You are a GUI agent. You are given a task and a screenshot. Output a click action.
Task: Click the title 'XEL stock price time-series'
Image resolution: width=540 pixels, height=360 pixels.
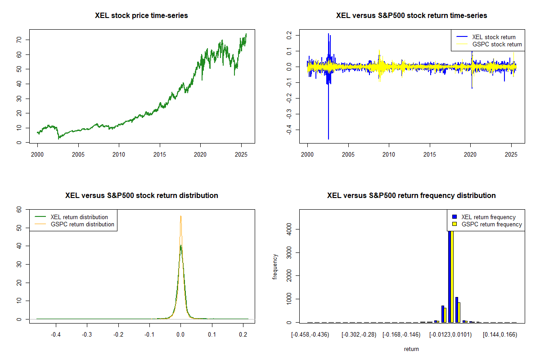pos(141,16)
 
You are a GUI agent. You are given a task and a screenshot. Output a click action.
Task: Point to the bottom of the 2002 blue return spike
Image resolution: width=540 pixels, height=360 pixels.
pos(328,139)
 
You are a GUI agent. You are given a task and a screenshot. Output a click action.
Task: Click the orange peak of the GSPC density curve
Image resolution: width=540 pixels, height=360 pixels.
pos(180,216)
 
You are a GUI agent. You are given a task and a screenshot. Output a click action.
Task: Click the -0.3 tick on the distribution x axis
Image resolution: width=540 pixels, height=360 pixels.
pos(87,335)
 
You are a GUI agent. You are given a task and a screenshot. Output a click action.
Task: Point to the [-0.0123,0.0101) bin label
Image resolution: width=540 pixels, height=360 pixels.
pos(450,335)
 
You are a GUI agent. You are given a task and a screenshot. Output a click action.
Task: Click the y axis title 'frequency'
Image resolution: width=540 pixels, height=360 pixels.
pos(275,266)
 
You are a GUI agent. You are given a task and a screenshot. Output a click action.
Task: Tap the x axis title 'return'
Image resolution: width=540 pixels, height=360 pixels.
pos(411,349)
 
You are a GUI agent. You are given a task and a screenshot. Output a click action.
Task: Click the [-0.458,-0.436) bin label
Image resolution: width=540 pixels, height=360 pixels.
pos(310,335)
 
